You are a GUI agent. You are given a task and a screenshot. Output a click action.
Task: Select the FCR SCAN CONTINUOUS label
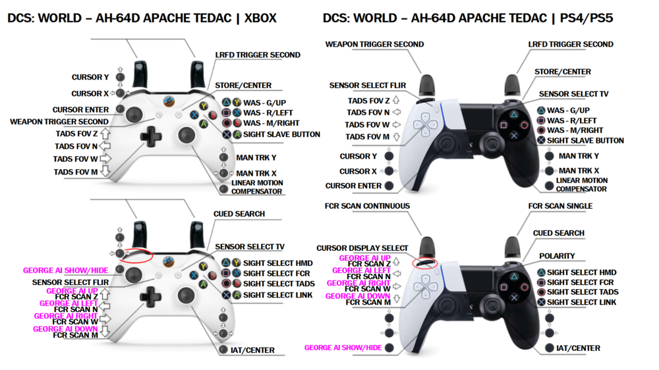click(x=367, y=206)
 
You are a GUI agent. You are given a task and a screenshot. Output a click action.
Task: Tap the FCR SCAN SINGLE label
click(x=560, y=206)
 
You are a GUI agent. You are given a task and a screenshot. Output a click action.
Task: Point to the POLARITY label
click(x=557, y=256)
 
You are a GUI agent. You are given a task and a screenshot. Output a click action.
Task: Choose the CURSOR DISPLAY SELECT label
click(x=362, y=248)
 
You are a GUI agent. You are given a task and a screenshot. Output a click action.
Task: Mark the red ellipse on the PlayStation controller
click(x=424, y=263)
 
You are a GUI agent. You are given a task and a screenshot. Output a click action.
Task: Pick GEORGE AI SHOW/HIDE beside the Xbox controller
click(x=65, y=271)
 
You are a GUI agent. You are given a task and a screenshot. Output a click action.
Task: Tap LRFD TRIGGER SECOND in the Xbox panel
click(x=258, y=55)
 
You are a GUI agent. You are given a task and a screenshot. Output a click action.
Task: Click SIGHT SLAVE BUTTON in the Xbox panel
click(x=281, y=134)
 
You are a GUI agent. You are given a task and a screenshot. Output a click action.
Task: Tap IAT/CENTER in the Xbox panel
click(x=254, y=350)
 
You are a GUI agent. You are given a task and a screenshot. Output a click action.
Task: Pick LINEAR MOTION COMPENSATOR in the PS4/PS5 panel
click(x=581, y=184)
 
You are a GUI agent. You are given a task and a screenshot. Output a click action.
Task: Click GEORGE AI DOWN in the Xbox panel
click(x=65, y=329)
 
